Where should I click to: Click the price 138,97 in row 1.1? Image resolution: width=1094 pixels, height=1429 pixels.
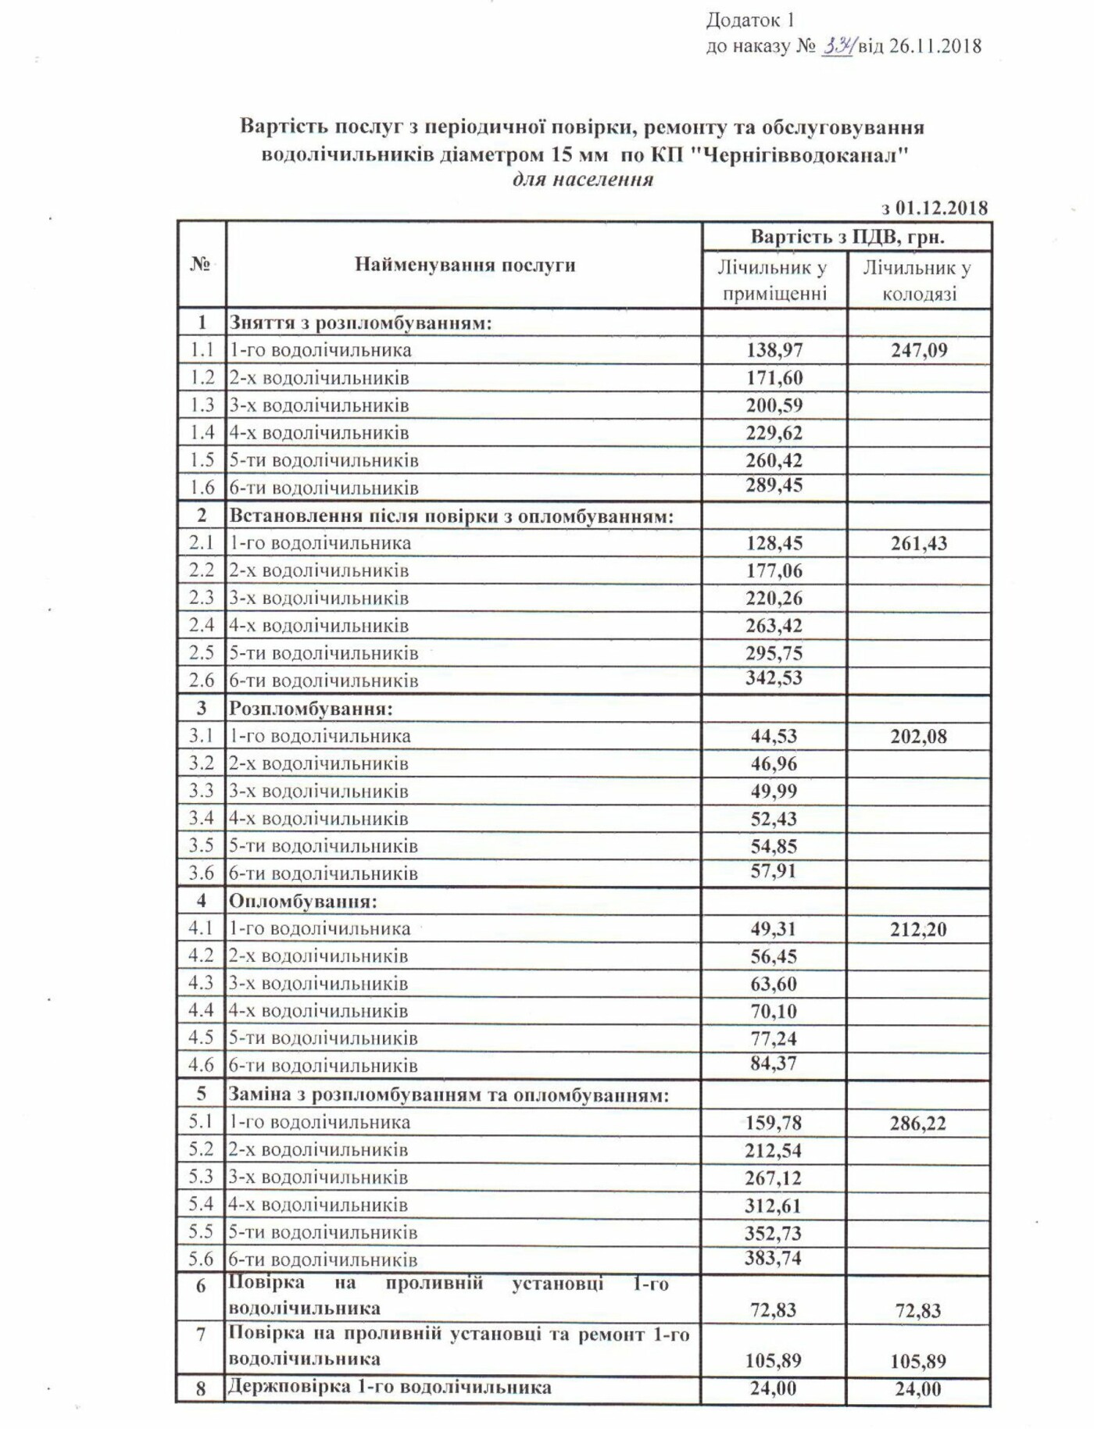pos(774,350)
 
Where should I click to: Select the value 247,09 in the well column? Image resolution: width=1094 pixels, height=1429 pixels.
pos(919,350)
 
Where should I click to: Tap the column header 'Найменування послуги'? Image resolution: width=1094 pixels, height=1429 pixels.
pos(465,265)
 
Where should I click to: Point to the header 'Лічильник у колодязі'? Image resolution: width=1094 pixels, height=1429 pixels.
pos(919,280)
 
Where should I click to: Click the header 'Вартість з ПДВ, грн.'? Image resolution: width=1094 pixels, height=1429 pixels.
pos(847,238)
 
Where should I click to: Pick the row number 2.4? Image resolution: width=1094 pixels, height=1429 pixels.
pos(202,625)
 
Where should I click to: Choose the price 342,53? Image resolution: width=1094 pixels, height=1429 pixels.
pos(774,677)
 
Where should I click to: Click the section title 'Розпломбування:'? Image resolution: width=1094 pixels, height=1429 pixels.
pos(310,709)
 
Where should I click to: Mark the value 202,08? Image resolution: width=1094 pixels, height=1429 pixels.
pos(919,736)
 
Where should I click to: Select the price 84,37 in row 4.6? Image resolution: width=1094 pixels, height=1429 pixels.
pos(774,1063)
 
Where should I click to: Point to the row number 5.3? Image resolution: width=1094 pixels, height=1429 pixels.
pos(201,1177)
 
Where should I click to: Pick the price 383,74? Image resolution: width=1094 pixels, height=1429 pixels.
pos(773,1257)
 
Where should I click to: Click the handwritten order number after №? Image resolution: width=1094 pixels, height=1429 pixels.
pos(838,45)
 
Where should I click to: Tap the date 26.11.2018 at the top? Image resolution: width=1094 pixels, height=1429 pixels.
pos(935,46)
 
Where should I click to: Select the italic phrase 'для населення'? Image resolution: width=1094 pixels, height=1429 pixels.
pos(582,180)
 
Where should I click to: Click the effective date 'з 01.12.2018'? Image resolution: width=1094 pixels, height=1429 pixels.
pos(935,208)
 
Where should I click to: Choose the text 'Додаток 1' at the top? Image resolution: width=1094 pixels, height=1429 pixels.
pos(750,20)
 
